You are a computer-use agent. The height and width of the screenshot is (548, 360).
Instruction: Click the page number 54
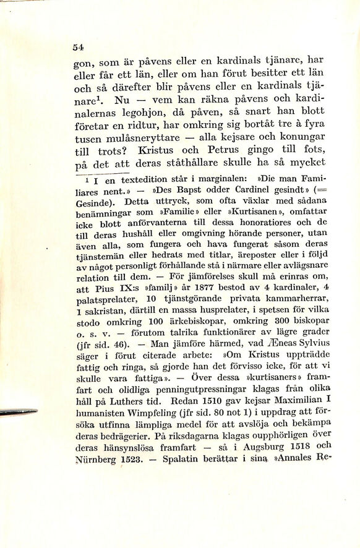(x=78, y=47)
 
